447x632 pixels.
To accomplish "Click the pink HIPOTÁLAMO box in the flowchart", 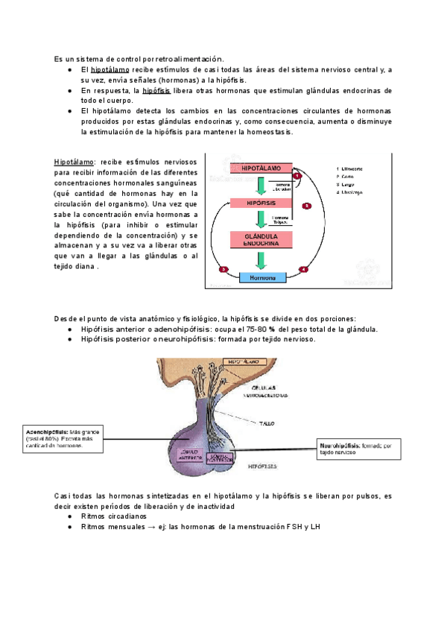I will click(x=261, y=169).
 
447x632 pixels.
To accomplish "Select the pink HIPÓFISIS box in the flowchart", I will click(x=261, y=203).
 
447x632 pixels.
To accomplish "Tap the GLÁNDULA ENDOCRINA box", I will click(x=261, y=239).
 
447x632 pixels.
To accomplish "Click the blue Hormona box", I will click(x=261, y=277).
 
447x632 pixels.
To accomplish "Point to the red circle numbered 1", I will click(x=297, y=176).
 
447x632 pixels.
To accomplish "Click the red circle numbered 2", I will click(x=308, y=205).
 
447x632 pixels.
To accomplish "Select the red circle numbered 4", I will click(x=303, y=269).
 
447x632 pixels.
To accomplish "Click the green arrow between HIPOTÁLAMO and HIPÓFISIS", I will click(x=260, y=186).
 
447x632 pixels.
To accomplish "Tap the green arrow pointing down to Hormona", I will click(x=260, y=260).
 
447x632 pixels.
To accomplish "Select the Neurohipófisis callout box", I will click(x=360, y=448).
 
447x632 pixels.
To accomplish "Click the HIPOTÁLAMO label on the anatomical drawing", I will click(x=247, y=361).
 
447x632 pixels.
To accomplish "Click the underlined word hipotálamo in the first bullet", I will click(x=110, y=70).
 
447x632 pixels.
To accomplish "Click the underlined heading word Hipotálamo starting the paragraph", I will click(x=74, y=162).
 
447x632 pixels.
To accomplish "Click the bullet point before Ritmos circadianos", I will click(x=69, y=516).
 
